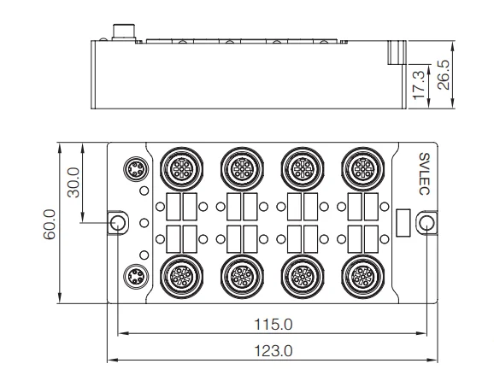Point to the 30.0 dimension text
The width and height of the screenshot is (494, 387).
[74, 182]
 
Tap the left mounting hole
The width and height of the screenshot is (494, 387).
[119, 223]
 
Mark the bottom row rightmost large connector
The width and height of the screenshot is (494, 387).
[358, 278]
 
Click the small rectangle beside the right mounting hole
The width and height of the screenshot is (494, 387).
[405, 222]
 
